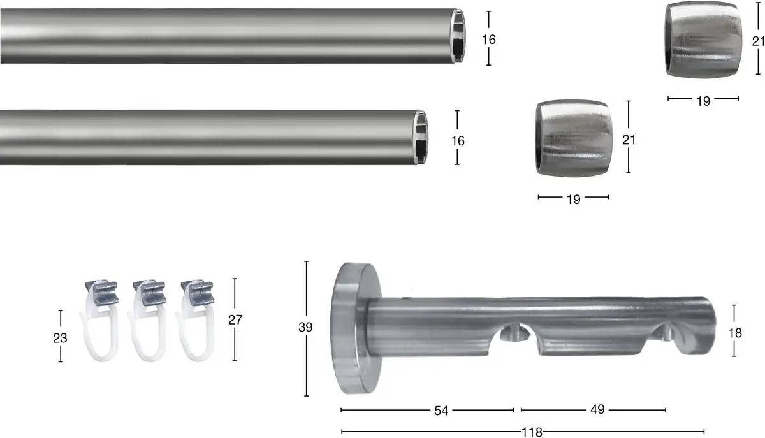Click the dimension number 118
point(532,432)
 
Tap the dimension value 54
point(441,411)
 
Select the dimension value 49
point(597,409)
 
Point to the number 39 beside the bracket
point(305,327)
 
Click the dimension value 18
point(735,333)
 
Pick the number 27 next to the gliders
point(235,320)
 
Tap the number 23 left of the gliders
point(60,339)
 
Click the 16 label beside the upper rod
point(489,40)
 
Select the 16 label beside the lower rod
point(458,141)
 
